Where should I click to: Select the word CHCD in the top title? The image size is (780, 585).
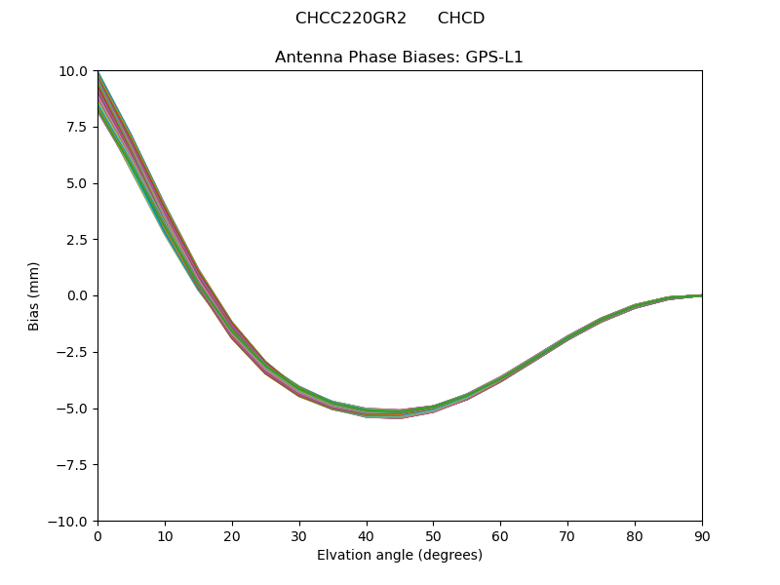461,19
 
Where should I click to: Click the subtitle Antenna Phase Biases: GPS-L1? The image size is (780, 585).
399,57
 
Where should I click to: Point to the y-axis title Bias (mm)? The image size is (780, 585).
34,295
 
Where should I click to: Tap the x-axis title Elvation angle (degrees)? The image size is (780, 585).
399,556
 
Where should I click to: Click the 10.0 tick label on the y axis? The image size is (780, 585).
73,71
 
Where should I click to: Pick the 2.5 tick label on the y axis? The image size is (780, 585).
77,240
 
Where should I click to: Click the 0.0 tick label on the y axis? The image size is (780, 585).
77,296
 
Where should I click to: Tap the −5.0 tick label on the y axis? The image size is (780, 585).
73,409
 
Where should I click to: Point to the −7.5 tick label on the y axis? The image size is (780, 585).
73,465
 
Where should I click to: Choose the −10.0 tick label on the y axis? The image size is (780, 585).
69,522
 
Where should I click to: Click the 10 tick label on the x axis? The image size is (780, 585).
165,536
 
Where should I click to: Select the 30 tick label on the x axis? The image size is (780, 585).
299,536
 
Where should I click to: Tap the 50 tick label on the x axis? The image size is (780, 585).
433,536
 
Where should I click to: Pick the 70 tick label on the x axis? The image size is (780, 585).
567,536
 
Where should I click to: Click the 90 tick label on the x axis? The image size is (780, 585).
701,536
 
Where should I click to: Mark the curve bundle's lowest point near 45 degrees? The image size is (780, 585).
400,413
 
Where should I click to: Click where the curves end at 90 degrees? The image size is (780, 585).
700,295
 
